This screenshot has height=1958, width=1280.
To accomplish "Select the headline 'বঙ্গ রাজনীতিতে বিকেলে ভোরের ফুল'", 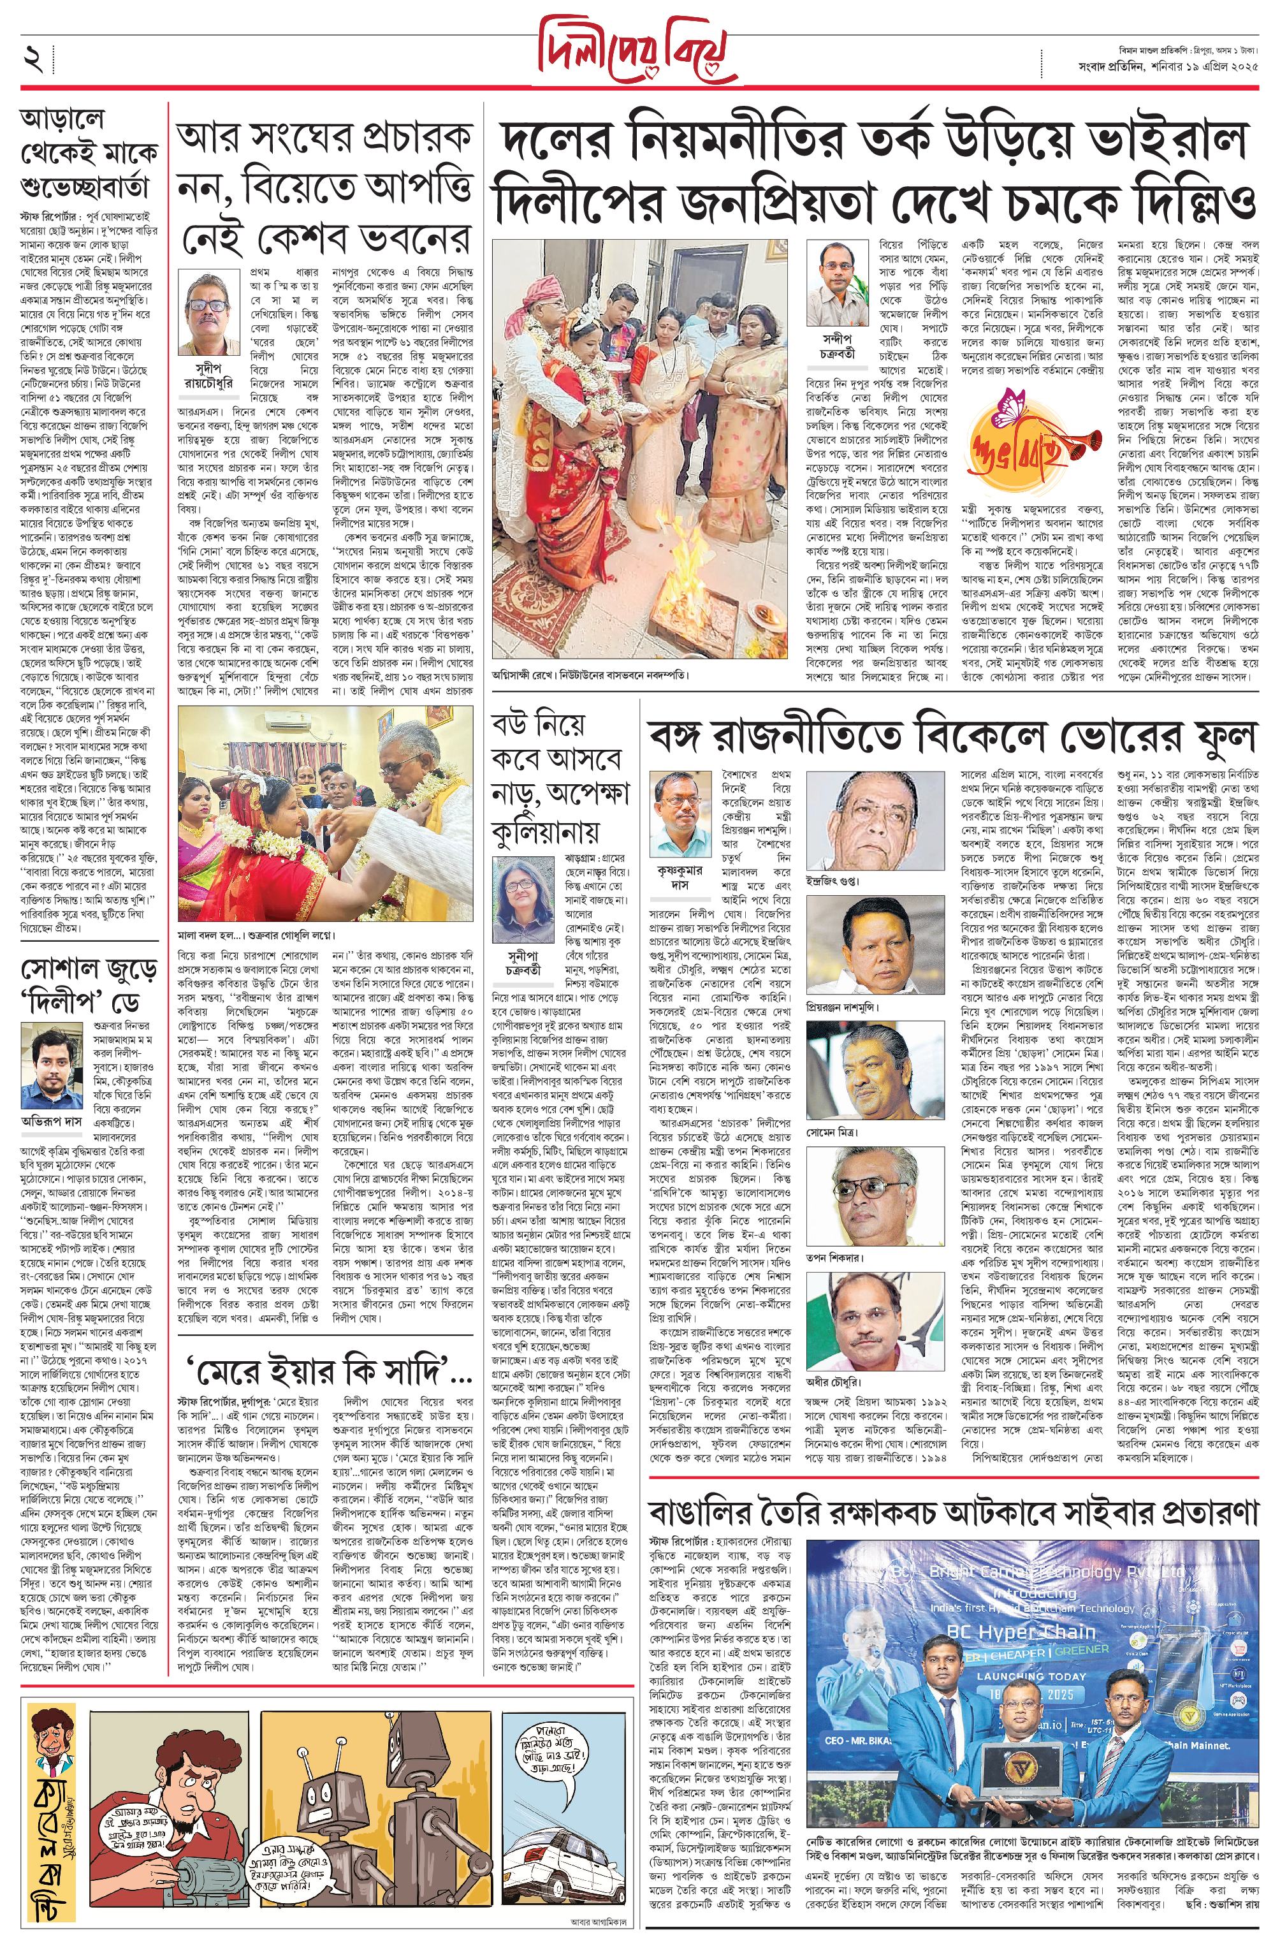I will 952,734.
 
